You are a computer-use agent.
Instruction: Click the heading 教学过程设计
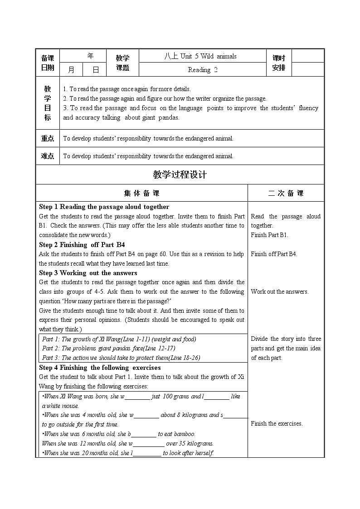click(x=180, y=175)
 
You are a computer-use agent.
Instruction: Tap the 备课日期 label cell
click(x=48, y=63)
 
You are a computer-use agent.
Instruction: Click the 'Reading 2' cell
click(x=202, y=69)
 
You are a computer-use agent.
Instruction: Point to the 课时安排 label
click(x=279, y=63)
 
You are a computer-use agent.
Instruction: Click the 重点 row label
click(x=48, y=138)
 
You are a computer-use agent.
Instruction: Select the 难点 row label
click(x=48, y=156)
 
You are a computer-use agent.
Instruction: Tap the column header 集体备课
click(x=141, y=193)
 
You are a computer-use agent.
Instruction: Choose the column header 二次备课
click(x=286, y=193)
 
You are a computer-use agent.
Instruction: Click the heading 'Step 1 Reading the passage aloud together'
click(x=104, y=207)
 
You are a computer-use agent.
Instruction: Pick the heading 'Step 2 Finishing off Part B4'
click(x=82, y=245)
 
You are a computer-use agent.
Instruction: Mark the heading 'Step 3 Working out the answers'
click(x=88, y=273)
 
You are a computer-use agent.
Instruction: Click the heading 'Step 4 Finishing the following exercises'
click(x=100, y=368)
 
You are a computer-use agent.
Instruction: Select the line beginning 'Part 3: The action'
click(x=121, y=358)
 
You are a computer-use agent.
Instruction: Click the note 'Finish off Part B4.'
click(x=274, y=254)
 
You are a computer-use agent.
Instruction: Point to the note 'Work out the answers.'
click(x=279, y=291)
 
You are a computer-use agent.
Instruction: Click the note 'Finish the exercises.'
click(x=277, y=423)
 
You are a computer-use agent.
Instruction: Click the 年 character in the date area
click(x=90, y=56)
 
